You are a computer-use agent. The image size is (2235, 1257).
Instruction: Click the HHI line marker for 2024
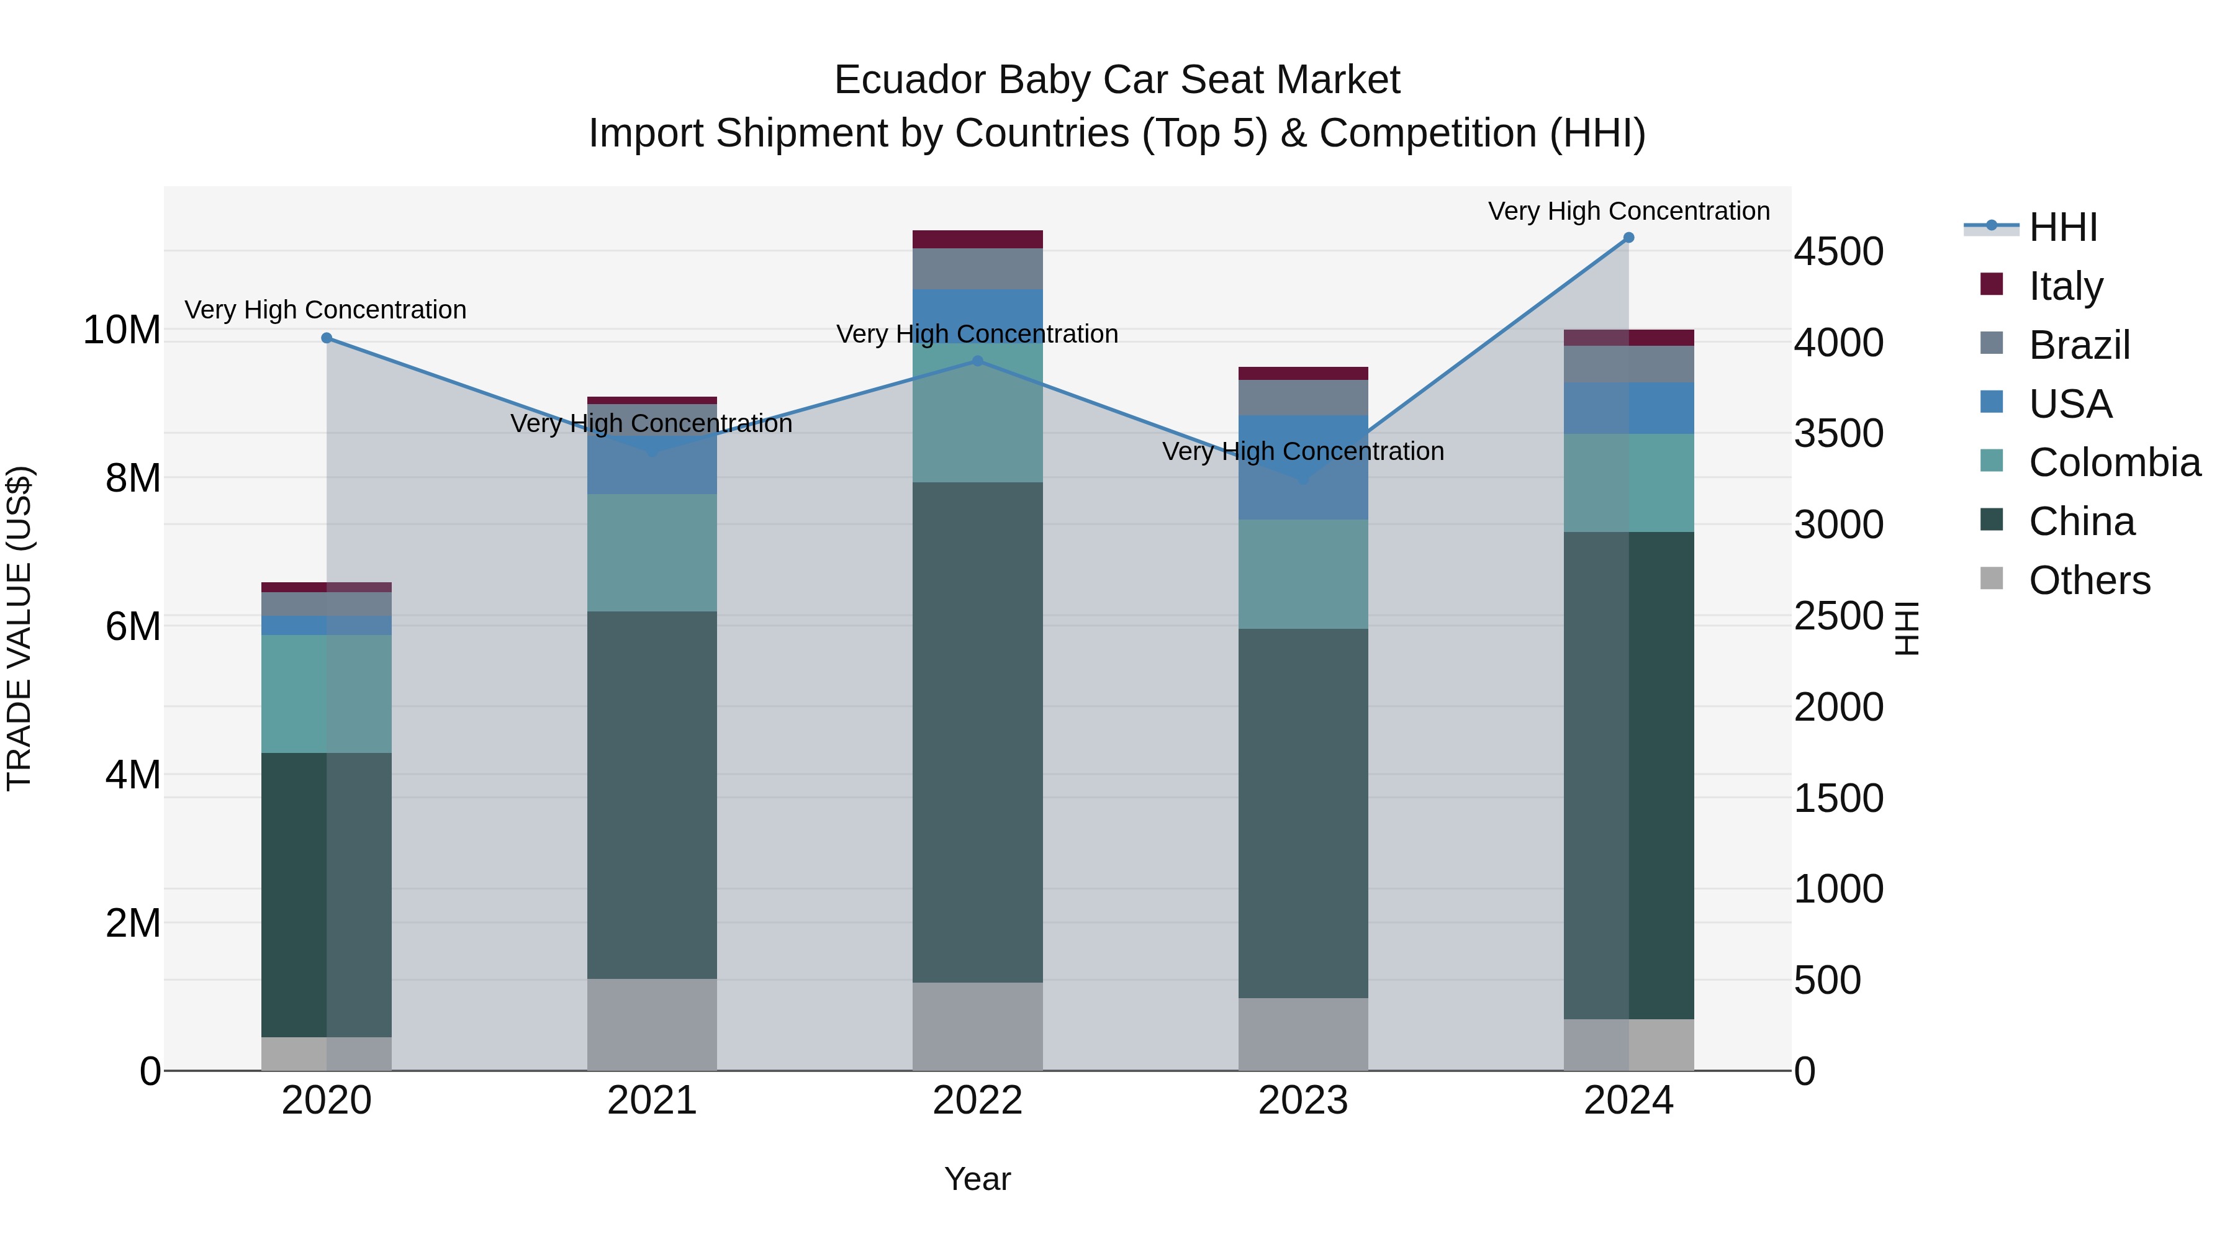pyautogui.click(x=1628, y=238)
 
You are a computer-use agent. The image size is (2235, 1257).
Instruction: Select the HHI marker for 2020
pyautogui.click(x=327, y=338)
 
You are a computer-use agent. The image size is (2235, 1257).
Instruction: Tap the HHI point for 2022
pyautogui.click(x=978, y=361)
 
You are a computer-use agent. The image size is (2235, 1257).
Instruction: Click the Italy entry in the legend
pyautogui.click(x=2065, y=286)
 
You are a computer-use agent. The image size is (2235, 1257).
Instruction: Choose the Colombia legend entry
pyautogui.click(x=2113, y=462)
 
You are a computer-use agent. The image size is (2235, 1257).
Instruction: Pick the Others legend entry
pyautogui.click(x=2088, y=580)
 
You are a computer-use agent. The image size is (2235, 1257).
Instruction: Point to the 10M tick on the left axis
pyautogui.click(x=122, y=330)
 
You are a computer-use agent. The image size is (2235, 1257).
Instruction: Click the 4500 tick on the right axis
pyautogui.click(x=1838, y=253)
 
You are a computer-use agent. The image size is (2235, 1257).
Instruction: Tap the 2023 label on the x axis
pyautogui.click(x=1303, y=1101)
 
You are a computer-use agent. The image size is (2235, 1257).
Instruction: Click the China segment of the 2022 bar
pyautogui.click(x=978, y=733)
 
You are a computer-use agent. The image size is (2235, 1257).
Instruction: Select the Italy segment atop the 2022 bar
pyautogui.click(x=978, y=240)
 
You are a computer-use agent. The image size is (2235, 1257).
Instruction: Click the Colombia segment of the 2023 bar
pyautogui.click(x=1303, y=574)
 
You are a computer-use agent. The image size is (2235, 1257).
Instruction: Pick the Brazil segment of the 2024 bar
pyautogui.click(x=1628, y=364)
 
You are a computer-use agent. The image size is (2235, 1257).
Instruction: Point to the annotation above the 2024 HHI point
pyautogui.click(x=1628, y=212)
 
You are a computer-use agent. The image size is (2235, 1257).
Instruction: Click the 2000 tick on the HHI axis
pyautogui.click(x=1838, y=708)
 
